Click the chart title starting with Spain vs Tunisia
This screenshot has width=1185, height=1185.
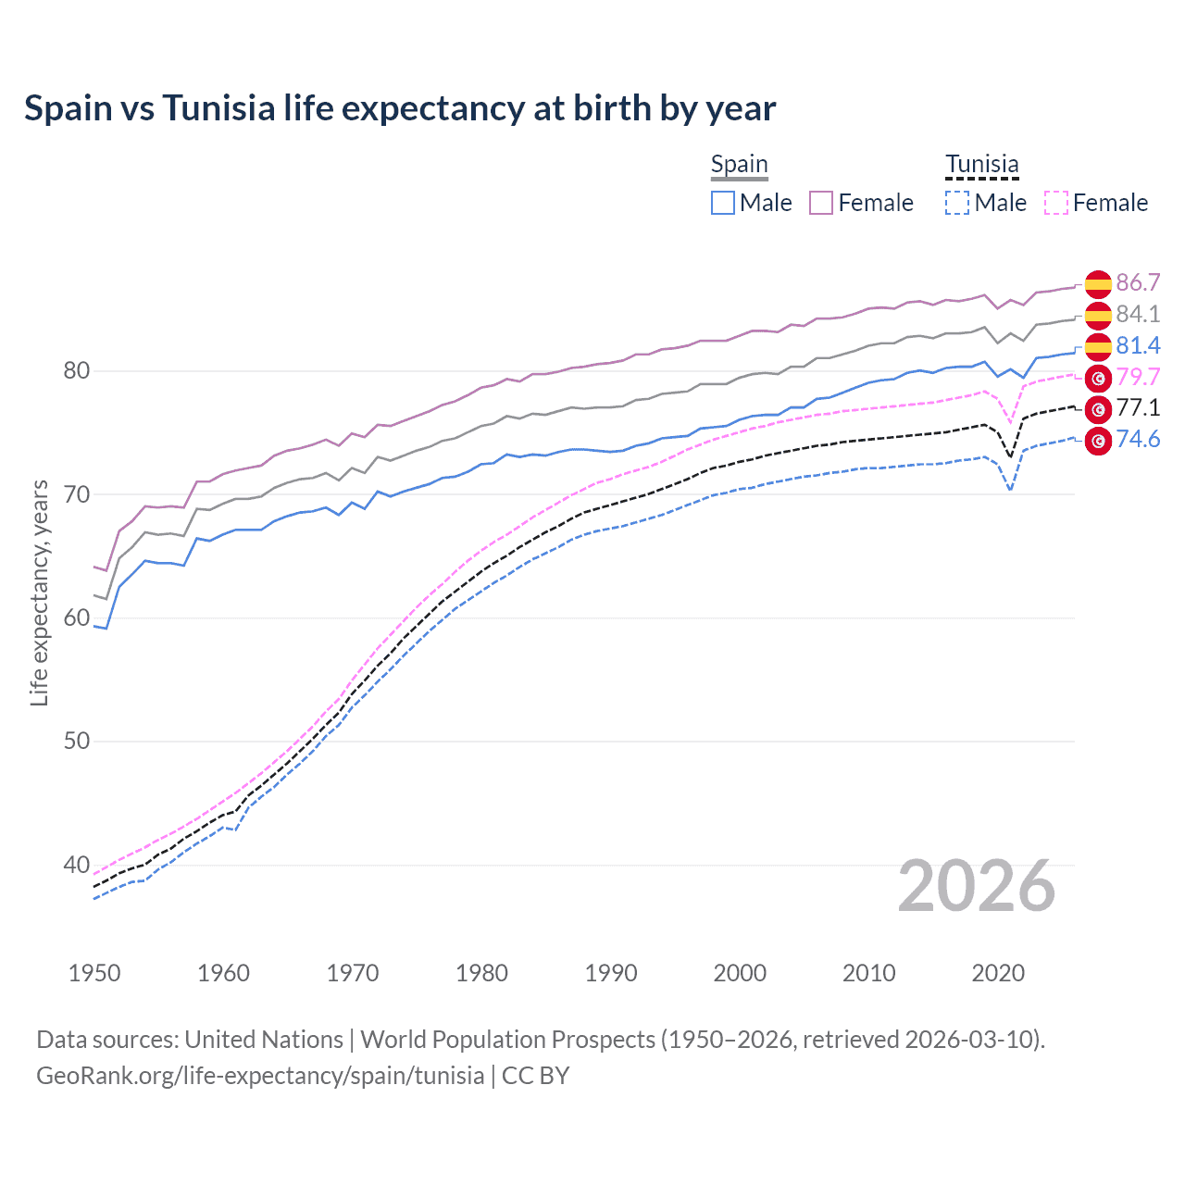[x=399, y=108]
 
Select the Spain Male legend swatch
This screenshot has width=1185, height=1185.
[x=723, y=203]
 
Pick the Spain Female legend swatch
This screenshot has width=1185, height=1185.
[x=821, y=203]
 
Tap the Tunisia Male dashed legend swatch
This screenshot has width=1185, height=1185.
[x=957, y=203]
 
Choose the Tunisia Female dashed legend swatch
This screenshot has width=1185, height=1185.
[x=1056, y=203]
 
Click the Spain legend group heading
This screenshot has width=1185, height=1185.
[x=739, y=165]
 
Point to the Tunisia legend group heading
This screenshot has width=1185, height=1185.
[x=981, y=165]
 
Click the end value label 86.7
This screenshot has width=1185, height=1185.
[x=1138, y=283]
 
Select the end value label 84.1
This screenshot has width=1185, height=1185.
[x=1138, y=315]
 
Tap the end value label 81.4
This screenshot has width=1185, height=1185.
[x=1138, y=346]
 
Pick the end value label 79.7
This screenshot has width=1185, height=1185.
[x=1138, y=377]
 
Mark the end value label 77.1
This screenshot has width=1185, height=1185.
[x=1138, y=408]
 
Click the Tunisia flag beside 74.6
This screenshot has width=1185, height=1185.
[x=1098, y=441]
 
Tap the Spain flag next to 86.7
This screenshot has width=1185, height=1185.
[x=1098, y=284]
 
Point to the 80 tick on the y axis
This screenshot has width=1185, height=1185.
[x=77, y=371]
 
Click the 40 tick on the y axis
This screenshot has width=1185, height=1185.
[x=77, y=865]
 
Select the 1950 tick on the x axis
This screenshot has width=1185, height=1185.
[x=94, y=973]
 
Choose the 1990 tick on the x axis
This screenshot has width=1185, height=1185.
[x=611, y=973]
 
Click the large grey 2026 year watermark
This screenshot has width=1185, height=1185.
[x=976, y=887]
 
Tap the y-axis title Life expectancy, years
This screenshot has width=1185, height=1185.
[x=39, y=592]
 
